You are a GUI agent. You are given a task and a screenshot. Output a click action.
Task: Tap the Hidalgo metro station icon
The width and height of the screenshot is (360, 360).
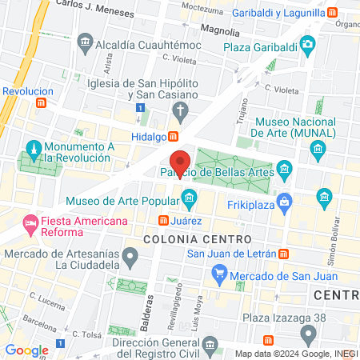click(174, 137)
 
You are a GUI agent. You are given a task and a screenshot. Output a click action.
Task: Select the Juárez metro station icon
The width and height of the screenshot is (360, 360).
click(163, 220)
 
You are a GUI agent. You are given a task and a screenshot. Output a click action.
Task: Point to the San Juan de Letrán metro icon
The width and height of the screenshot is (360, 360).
click(284, 254)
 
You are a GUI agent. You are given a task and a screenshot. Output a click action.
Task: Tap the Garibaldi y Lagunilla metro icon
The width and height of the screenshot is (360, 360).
click(330, 14)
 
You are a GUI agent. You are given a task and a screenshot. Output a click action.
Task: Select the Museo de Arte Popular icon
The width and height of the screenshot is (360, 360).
click(189, 197)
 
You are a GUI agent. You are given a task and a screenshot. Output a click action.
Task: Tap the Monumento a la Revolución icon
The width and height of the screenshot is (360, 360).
click(34, 150)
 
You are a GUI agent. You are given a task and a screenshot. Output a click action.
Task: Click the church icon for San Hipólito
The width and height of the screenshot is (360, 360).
click(182, 111)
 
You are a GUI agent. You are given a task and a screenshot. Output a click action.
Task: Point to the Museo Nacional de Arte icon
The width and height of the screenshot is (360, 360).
click(319, 150)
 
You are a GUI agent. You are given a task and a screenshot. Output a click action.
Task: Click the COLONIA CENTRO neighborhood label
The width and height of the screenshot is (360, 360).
click(197, 239)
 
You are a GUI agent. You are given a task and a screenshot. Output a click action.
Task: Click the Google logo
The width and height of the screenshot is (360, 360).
click(26, 350)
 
